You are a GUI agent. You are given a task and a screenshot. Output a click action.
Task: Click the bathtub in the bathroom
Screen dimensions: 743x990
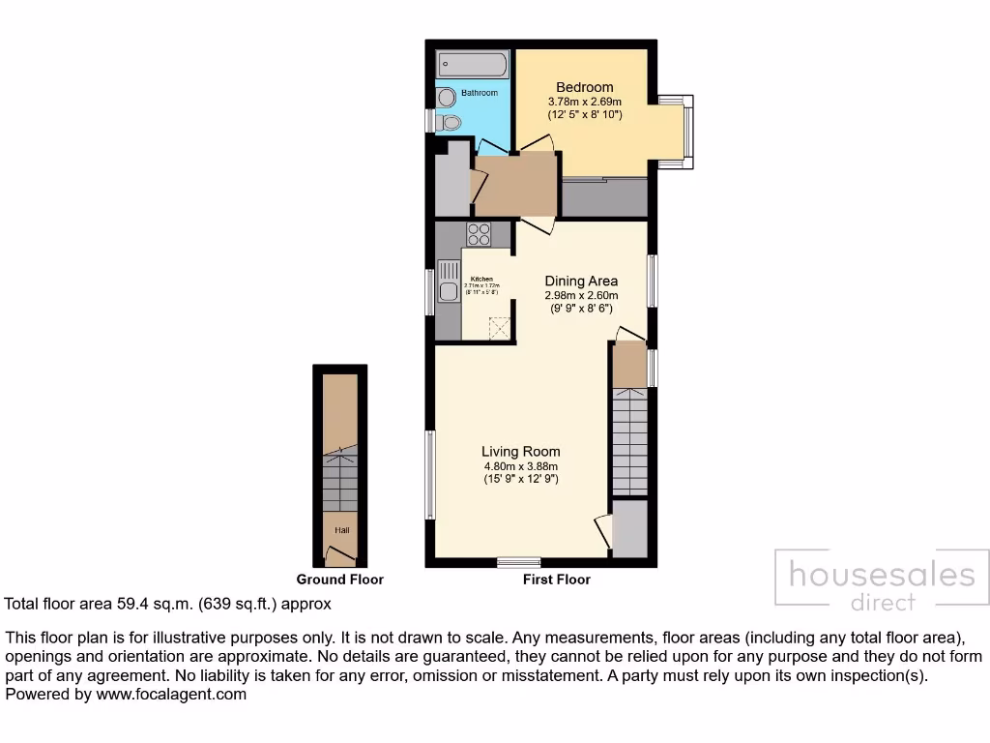coord(469,65)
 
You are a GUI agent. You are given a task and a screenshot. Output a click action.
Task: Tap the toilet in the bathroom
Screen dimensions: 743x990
coord(450,123)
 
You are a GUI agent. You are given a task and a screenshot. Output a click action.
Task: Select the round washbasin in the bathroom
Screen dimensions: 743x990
coord(446,97)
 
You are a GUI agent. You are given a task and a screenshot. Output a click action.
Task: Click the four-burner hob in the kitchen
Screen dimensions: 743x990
coord(480,233)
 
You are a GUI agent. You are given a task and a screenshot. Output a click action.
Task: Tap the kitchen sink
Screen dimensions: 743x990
coord(449,291)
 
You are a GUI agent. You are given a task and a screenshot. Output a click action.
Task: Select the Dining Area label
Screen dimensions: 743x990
coord(581,282)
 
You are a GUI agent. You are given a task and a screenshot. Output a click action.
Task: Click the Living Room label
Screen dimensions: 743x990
coord(521,451)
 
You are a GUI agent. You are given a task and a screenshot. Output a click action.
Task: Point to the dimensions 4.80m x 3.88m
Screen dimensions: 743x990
coord(521,465)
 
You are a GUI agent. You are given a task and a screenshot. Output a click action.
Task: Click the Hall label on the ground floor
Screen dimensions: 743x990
coord(341,530)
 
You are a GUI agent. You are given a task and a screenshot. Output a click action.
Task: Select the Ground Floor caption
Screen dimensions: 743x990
coord(339,580)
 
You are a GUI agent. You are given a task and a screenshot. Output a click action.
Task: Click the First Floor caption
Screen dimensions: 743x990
coord(556,580)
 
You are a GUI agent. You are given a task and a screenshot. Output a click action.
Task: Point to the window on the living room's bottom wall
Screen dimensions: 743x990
coord(518,562)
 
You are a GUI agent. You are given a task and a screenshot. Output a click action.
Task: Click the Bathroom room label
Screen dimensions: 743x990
coord(479,93)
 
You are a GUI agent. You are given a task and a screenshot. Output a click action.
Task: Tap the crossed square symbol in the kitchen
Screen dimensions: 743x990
coord(499,328)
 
